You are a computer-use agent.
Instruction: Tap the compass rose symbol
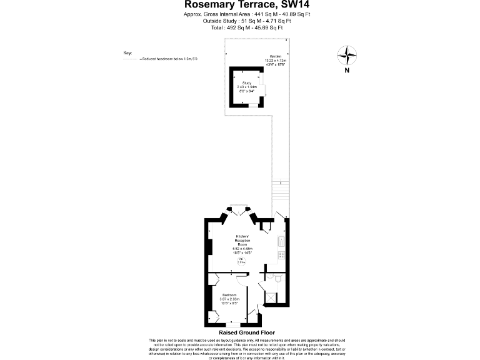tap(346, 56)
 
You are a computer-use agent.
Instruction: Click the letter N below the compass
tap(346, 71)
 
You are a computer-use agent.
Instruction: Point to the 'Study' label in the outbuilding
tap(246, 82)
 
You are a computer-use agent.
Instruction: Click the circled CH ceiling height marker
tap(241, 262)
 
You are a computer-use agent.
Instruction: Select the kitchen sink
tap(282, 240)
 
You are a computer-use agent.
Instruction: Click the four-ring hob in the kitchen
tap(282, 255)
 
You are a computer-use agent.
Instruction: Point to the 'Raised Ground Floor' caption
tap(242, 333)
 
